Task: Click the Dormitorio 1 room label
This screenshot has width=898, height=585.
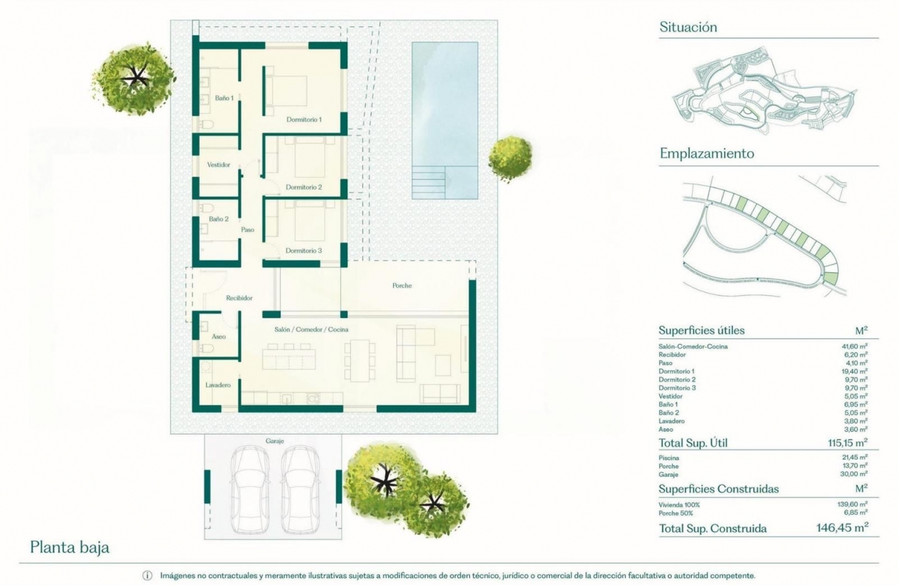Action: (x=304, y=120)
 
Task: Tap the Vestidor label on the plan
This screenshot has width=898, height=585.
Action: (x=219, y=165)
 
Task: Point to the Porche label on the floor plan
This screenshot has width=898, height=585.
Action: (x=402, y=286)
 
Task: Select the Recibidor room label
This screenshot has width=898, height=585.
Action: (x=239, y=298)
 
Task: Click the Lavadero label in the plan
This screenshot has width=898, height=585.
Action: (x=217, y=385)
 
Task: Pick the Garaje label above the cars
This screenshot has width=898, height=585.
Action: (x=275, y=441)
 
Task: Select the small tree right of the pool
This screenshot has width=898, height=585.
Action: (x=510, y=158)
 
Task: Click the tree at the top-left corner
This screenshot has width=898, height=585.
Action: (x=134, y=78)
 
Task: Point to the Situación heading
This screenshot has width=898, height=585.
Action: (x=688, y=28)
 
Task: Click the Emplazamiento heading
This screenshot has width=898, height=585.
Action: (x=707, y=154)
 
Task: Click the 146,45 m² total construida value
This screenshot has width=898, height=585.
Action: (x=842, y=529)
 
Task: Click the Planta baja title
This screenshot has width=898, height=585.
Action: (x=70, y=547)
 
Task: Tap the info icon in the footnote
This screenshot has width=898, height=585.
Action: (x=147, y=576)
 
